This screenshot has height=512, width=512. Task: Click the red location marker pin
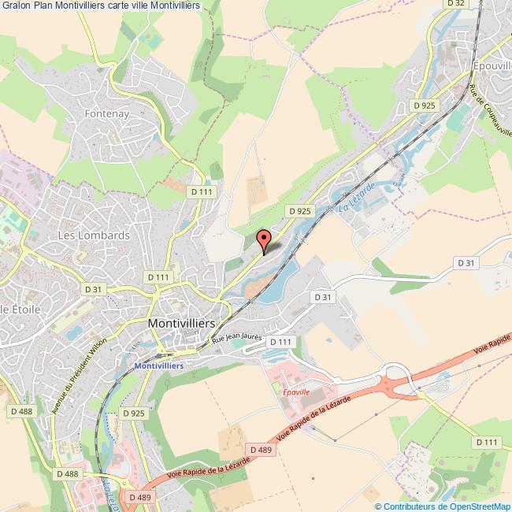point(265,238)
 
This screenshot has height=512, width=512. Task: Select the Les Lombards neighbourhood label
point(94,236)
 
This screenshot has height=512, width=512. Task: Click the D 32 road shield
point(455,5)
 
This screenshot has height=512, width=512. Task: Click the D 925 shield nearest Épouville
point(425,105)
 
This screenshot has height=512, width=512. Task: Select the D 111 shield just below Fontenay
point(202,191)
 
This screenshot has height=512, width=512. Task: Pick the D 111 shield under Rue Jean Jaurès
point(280,342)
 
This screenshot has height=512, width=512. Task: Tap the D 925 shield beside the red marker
point(300,211)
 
